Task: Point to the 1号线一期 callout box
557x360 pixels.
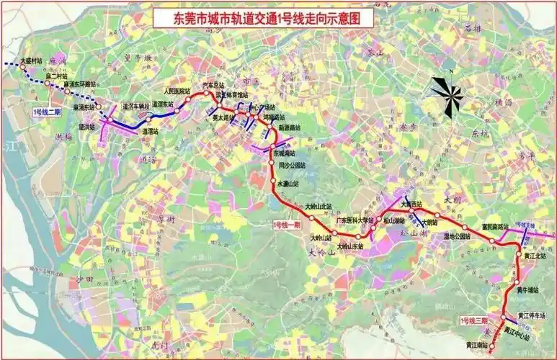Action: click(287, 225)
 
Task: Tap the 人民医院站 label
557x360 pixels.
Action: click(177, 91)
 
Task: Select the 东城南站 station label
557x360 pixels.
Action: click(285, 153)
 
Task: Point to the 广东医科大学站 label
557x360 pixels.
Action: click(353, 220)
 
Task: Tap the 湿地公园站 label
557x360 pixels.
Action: click(455, 236)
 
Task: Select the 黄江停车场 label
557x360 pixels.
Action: click(532, 315)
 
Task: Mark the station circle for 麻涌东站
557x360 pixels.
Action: click(99, 107)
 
